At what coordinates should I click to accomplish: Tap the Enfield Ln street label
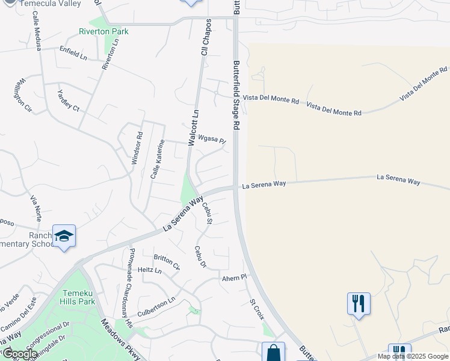[x=73, y=52]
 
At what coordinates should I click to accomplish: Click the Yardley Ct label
[x=68, y=100]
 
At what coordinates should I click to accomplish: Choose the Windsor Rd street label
[x=137, y=149]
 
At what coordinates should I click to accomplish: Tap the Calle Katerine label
[x=157, y=159]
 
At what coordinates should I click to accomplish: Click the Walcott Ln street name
[x=193, y=128]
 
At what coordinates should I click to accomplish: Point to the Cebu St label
[x=207, y=213]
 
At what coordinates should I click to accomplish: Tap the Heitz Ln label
[x=150, y=271]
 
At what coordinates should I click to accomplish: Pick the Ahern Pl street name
[x=235, y=277]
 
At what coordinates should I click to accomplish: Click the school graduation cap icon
[x=64, y=236]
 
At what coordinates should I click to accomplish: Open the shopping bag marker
[x=273, y=353]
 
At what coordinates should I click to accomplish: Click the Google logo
[x=19, y=354]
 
